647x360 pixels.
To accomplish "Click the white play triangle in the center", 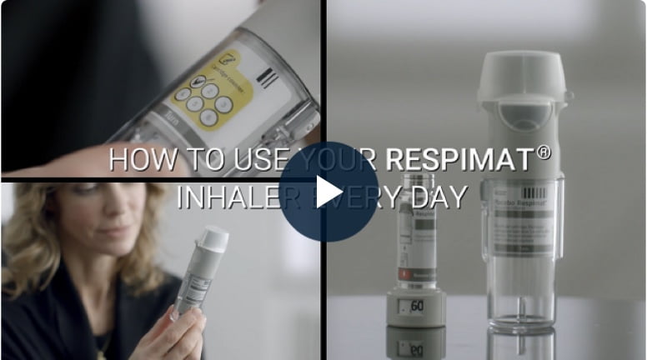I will click(x=328, y=192).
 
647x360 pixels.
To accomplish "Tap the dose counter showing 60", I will click(x=414, y=305).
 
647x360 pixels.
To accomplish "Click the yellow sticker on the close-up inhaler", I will click(x=202, y=92).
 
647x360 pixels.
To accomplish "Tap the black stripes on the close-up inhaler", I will click(x=266, y=78).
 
